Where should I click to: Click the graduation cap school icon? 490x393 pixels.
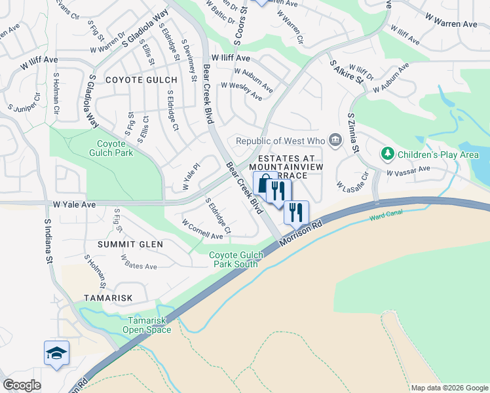point(56,353)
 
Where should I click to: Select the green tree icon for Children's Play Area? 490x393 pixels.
point(388,155)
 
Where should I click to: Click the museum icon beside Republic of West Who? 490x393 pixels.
point(335,140)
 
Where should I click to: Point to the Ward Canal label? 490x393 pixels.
point(384,216)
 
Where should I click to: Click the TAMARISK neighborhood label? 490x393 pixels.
point(108,298)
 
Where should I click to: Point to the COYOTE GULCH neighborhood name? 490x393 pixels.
point(141,80)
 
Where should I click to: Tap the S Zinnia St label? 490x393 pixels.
point(354,133)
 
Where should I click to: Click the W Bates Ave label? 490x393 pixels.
point(138,262)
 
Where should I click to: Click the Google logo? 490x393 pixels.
point(22,385)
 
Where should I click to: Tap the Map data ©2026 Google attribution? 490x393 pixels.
point(449,388)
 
